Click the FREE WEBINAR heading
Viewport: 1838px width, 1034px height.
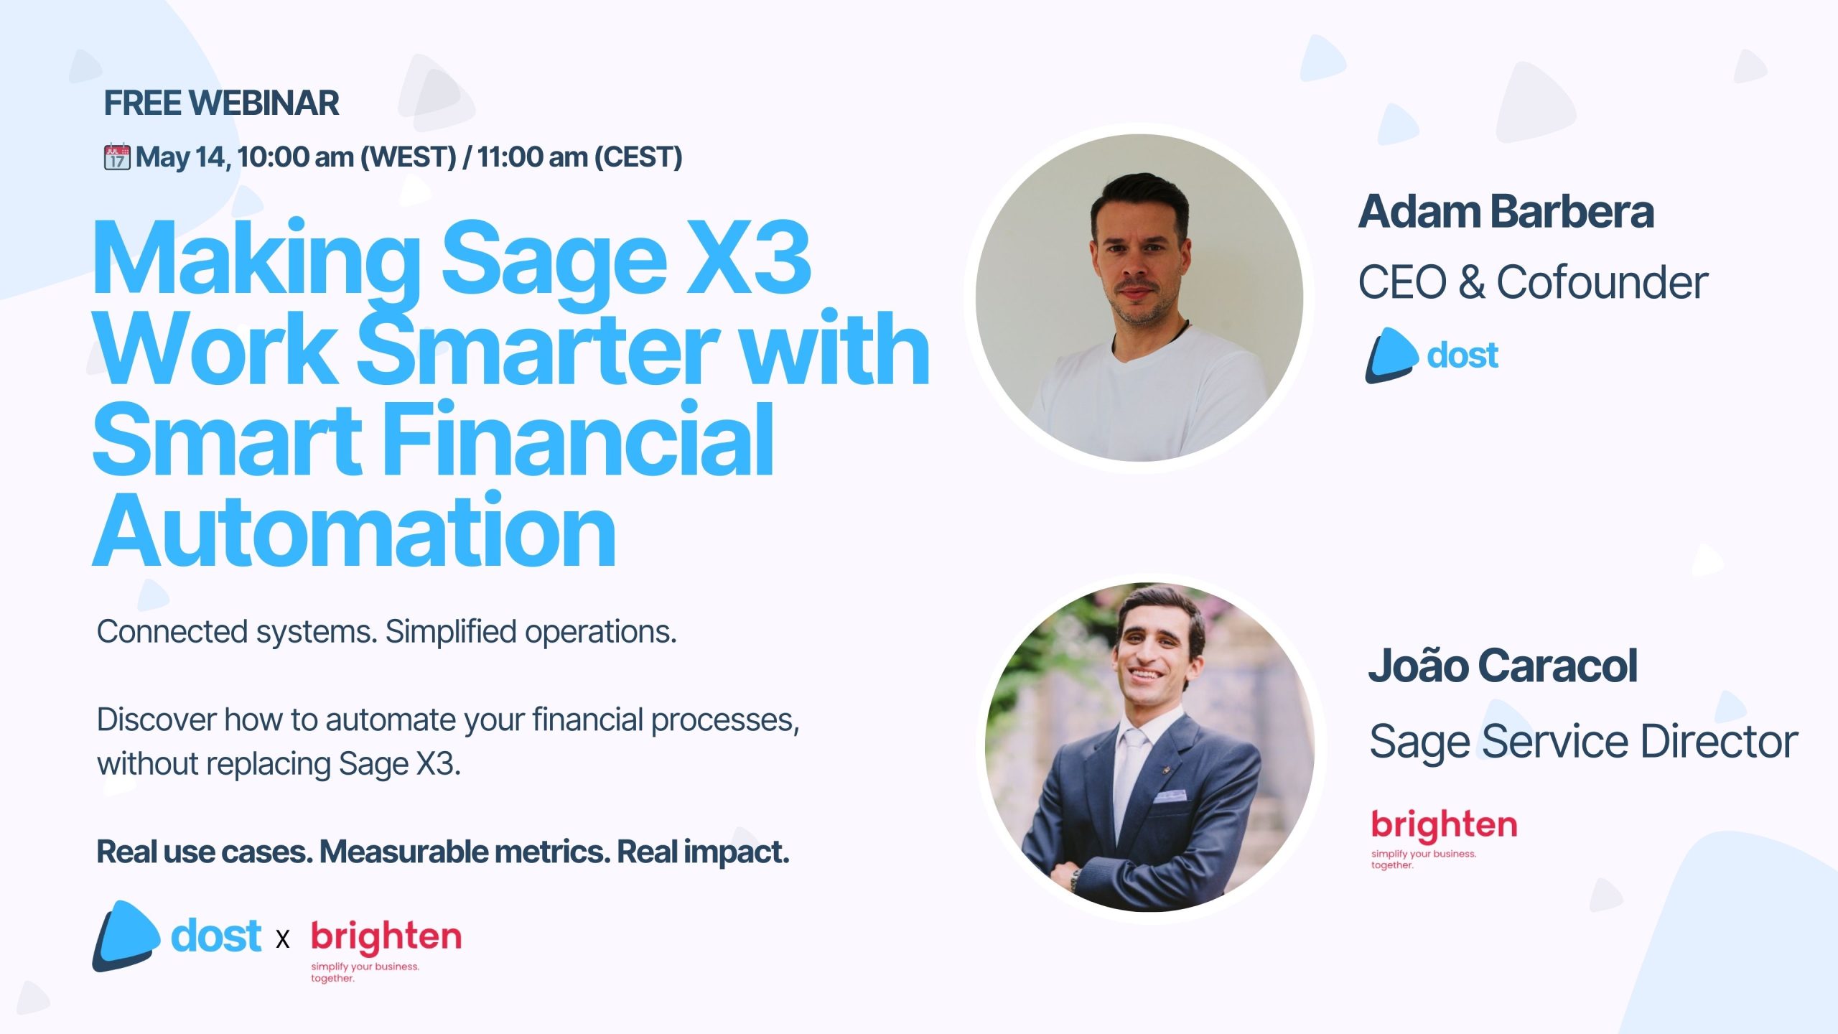pos(221,103)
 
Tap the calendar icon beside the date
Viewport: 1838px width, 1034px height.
pos(117,157)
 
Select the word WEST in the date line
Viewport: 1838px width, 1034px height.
pos(408,157)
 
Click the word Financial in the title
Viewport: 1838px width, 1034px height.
pos(579,439)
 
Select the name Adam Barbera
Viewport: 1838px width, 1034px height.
pos(1506,212)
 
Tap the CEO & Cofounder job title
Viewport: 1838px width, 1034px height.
pos(1533,281)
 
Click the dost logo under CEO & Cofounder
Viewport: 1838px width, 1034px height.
pos(1432,355)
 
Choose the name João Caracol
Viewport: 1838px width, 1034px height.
pos(1503,666)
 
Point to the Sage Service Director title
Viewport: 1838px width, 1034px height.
pos(1583,742)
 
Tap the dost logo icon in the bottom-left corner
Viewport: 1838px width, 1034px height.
pos(126,936)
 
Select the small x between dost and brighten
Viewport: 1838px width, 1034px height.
pos(283,938)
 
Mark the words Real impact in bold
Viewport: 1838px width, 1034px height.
pos(703,852)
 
